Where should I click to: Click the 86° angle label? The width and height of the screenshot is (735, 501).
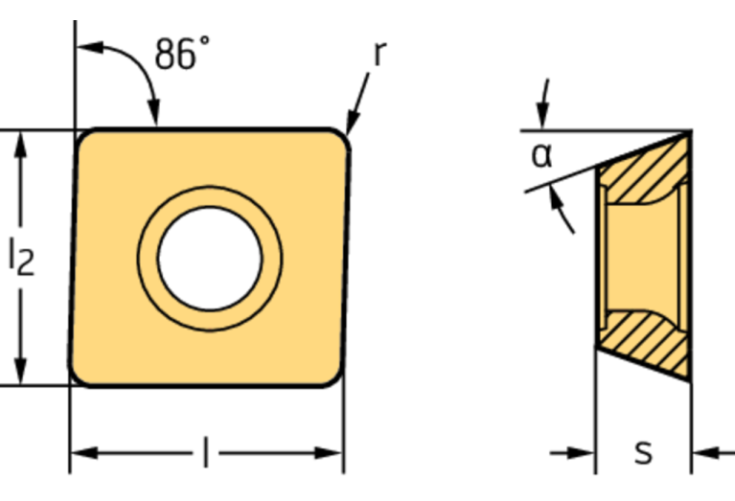point(182,54)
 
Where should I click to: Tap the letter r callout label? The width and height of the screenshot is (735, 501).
point(379,54)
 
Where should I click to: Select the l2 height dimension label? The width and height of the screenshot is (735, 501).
point(21,257)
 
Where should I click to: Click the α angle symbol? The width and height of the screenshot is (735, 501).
point(542,154)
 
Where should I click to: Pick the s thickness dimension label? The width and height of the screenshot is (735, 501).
point(643,452)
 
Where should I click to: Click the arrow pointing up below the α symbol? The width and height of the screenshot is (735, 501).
point(557,200)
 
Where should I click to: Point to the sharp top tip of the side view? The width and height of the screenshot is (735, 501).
point(690,133)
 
